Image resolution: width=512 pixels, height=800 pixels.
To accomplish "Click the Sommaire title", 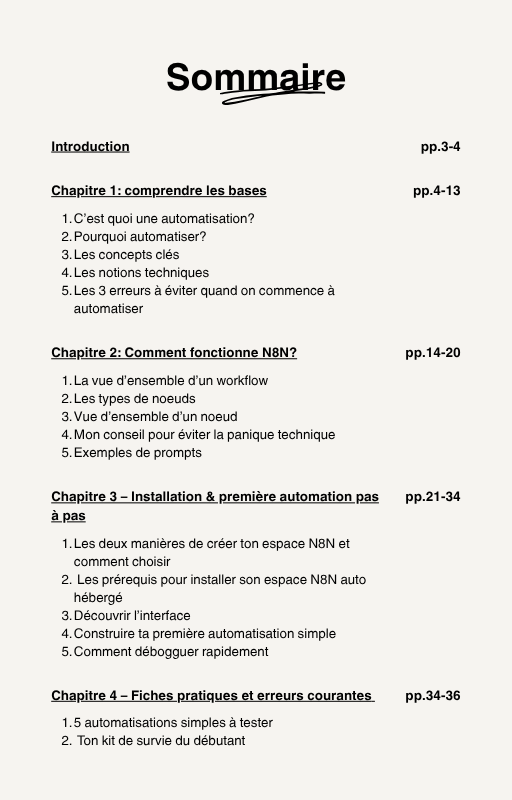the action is pyautogui.click(x=256, y=77).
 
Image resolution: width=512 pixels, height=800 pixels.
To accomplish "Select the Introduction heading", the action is pyautogui.click(x=90, y=147).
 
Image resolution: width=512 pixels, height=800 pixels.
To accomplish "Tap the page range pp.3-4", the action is pyautogui.click(x=440, y=147).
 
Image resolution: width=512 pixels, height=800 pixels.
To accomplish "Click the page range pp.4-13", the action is pyautogui.click(x=436, y=191).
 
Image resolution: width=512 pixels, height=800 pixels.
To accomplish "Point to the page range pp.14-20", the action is pyautogui.click(x=432, y=353).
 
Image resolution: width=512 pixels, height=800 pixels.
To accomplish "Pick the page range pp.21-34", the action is pyautogui.click(x=432, y=497).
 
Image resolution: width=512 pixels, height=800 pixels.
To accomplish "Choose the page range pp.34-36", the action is pyautogui.click(x=432, y=696).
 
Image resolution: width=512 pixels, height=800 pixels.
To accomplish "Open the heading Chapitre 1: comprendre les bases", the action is pyautogui.click(x=159, y=191).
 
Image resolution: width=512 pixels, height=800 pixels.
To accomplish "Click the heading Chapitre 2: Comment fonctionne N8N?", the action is pyautogui.click(x=174, y=353).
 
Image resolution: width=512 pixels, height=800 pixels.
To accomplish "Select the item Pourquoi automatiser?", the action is pyautogui.click(x=140, y=237).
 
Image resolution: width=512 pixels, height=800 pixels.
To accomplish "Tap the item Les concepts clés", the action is pyautogui.click(x=126, y=255).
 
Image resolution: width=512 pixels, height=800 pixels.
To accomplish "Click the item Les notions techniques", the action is pyautogui.click(x=141, y=273).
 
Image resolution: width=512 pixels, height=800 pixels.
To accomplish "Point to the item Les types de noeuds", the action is pyautogui.click(x=135, y=399).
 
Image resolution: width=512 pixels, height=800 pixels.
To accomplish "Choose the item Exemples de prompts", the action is pyautogui.click(x=138, y=453).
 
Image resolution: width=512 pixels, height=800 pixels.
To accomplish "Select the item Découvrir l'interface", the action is pyautogui.click(x=132, y=616).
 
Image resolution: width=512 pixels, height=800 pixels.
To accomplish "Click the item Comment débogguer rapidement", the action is pyautogui.click(x=171, y=652).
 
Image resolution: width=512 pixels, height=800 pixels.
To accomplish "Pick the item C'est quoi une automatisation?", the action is pyautogui.click(x=164, y=219).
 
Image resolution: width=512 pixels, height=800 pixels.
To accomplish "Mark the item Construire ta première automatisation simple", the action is pyautogui.click(x=205, y=634).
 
